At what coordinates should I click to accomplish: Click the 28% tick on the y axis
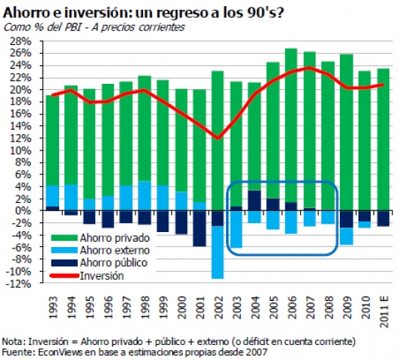(20, 41)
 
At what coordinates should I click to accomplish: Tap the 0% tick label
(25, 210)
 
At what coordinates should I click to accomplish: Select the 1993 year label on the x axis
(53, 308)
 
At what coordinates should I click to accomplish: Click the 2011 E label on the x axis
(384, 312)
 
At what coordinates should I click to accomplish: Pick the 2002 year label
(219, 308)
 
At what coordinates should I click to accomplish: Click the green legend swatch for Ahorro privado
(64, 238)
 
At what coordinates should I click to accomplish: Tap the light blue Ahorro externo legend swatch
(64, 250)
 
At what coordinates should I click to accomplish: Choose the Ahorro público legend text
(114, 263)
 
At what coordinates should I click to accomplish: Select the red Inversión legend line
(64, 275)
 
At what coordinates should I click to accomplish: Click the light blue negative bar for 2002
(218, 252)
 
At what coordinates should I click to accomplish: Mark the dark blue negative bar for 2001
(199, 228)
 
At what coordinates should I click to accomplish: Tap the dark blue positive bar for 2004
(255, 201)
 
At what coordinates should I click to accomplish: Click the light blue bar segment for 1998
(144, 196)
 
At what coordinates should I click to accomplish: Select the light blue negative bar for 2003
(236, 229)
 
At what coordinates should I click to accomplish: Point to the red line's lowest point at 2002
(218, 138)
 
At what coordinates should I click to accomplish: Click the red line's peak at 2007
(309, 67)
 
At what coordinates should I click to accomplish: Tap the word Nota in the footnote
(13, 341)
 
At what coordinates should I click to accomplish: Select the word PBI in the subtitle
(73, 27)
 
